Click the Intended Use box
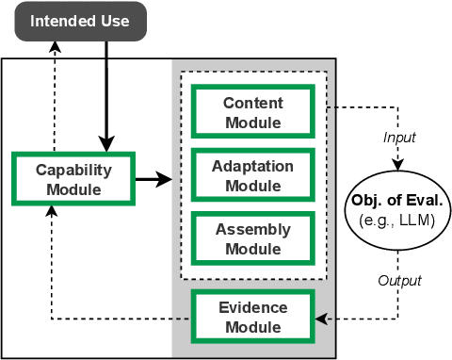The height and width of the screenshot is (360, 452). point(80,20)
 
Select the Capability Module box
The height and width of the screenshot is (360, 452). point(73,179)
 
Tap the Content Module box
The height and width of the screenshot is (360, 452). point(251,111)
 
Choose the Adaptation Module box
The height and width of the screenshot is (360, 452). point(251,174)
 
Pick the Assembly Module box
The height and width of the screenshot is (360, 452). point(251,238)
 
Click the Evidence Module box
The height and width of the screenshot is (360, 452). point(251,317)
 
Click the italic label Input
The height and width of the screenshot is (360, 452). point(398,137)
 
